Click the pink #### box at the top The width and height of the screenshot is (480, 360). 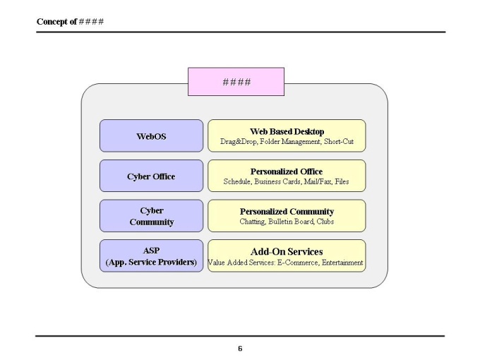click(x=236, y=82)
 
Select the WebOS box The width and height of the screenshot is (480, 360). click(x=151, y=136)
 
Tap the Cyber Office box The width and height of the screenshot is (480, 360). click(x=151, y=176)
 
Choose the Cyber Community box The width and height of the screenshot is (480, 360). click(x=151, y=216)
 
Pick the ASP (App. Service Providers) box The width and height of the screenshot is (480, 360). click(x=151, y=256)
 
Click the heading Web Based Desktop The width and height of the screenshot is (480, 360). click(x=287, y=131)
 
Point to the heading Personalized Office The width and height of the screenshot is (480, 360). click(x=287, y=172)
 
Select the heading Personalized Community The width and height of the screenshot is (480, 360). click(x=287, y=212)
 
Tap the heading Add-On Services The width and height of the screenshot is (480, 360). click(x=287, y=251)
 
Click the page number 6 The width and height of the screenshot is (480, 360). click(x=240, y=349)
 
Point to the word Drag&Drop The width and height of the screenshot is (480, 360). click(x=238, y=142)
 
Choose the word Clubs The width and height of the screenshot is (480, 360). click(x=325, y=222)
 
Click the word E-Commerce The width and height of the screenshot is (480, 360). click(x=298, y=263)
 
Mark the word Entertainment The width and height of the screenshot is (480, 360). click(x=342, y=263)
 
